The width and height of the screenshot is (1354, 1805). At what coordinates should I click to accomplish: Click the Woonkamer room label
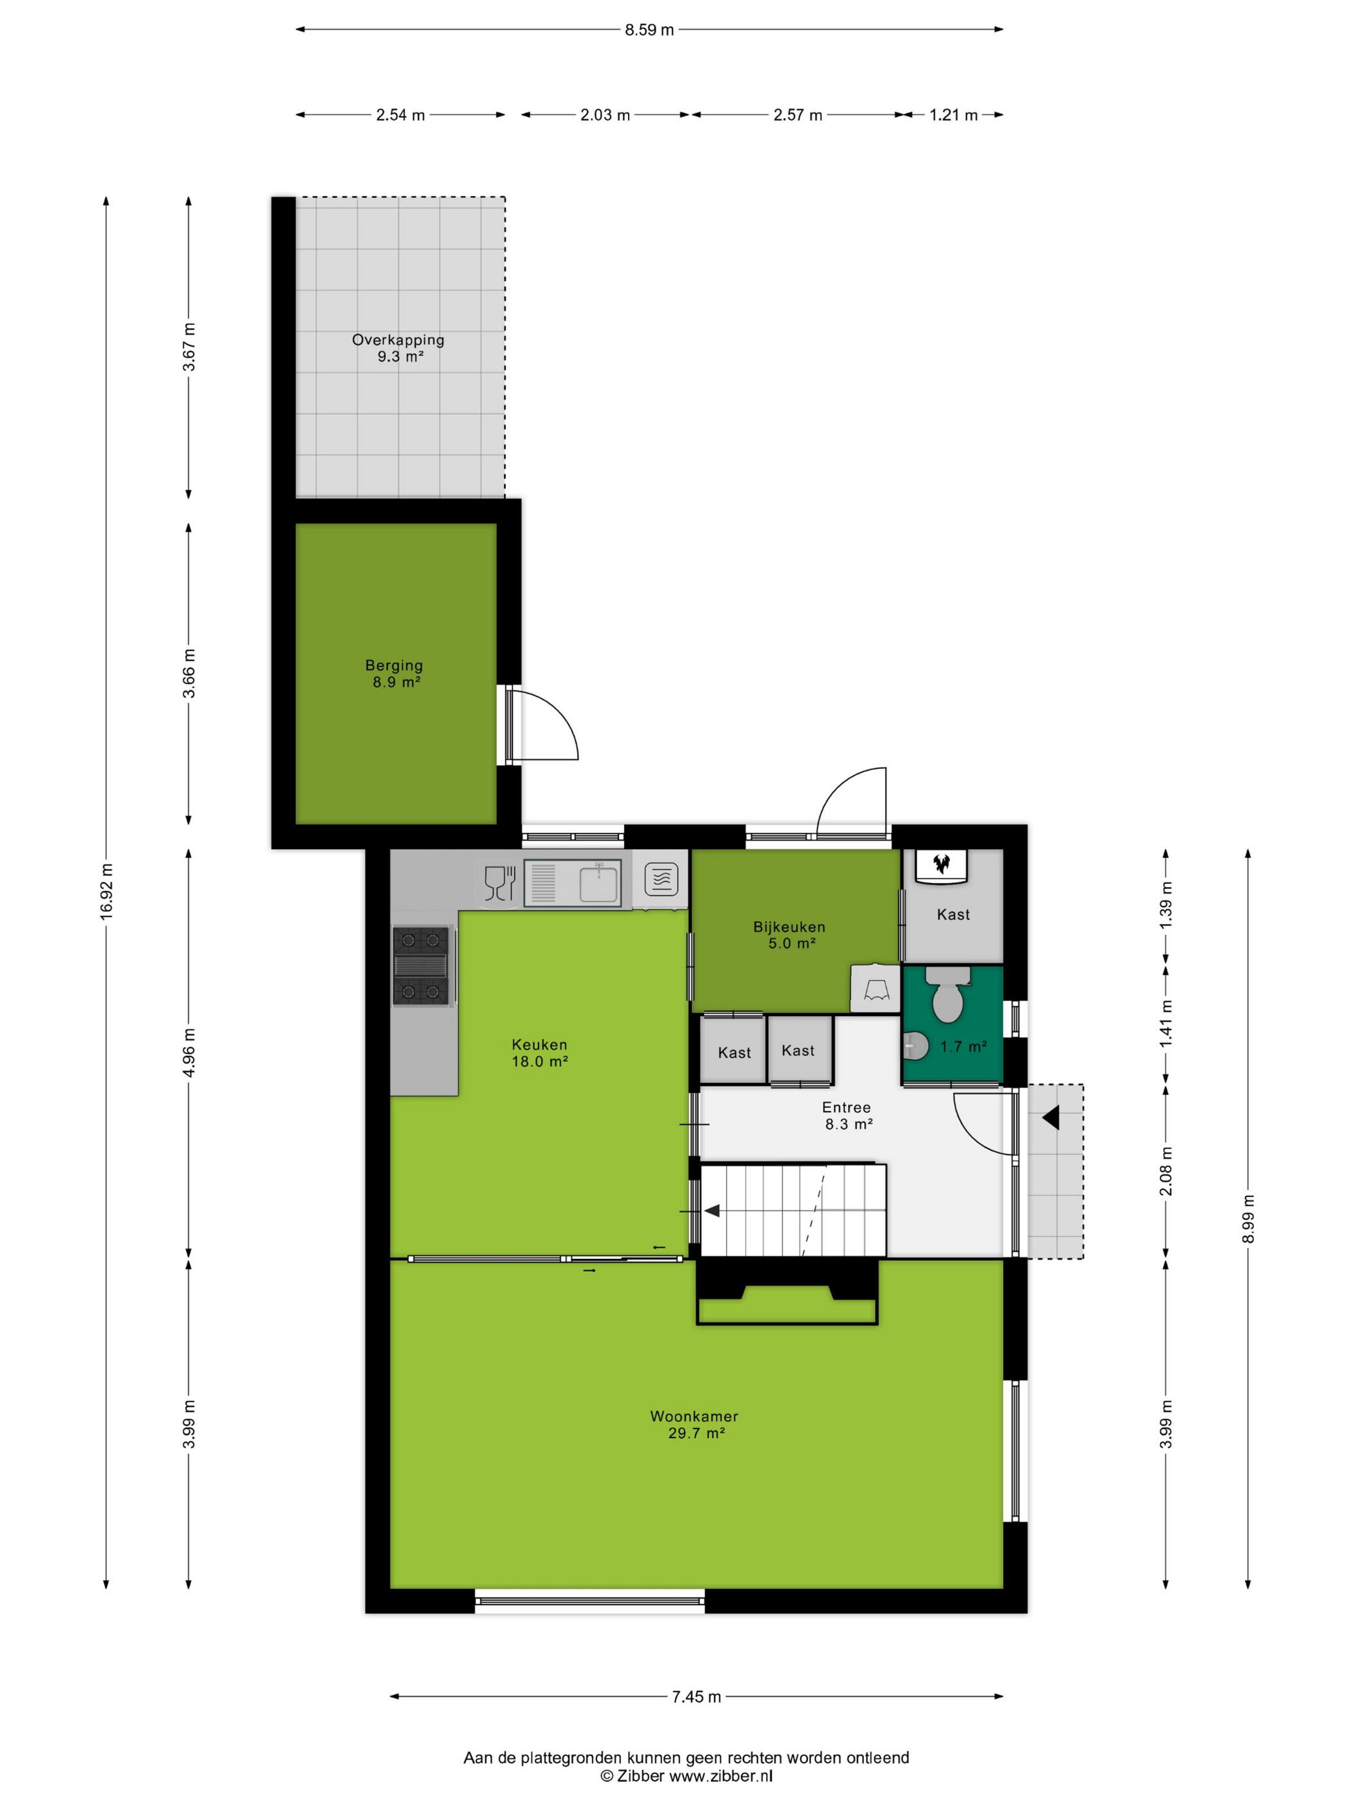pos(694,1416)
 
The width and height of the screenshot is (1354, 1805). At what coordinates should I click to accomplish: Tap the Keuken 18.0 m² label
pos(540,1053)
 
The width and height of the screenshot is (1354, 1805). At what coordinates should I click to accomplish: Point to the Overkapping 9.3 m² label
pos(398,347)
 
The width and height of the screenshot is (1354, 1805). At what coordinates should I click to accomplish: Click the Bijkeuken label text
pos(789,927)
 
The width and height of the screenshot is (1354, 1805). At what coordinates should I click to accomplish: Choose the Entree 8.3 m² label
pos(847,1115)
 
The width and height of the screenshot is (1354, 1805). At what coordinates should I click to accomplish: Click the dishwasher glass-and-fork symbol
pos(500,883)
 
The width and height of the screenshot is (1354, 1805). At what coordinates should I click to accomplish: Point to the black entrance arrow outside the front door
pos(1050,1117)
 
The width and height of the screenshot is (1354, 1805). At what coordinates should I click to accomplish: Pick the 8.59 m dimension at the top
pos(650,30)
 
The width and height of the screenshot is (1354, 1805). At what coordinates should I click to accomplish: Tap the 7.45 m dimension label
pos(696,1697)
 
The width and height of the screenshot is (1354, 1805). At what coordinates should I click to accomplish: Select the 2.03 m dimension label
pos(605,115)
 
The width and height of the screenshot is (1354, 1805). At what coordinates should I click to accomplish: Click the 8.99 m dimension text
pos(1248,1218)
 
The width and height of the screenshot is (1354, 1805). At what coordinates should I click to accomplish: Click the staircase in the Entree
pos(793,1209)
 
